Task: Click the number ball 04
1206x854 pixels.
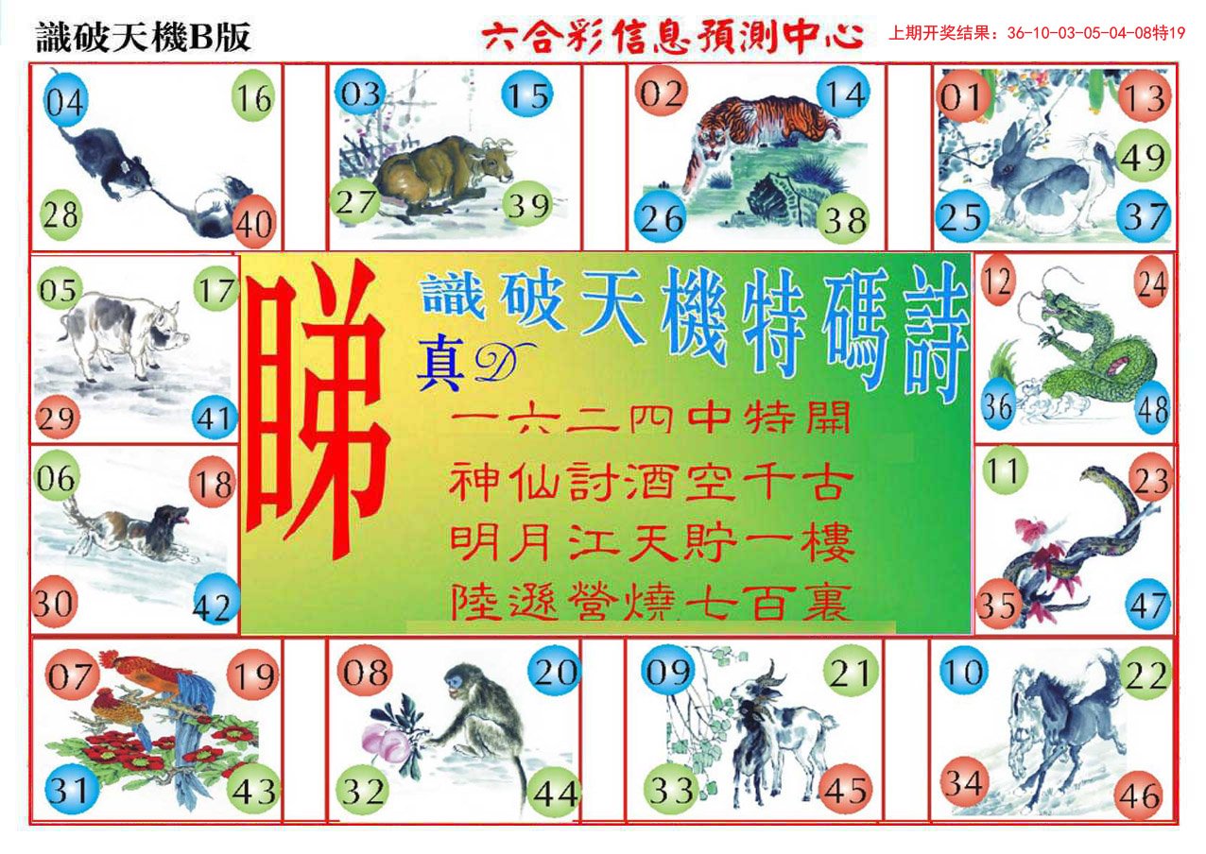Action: pos(65,100)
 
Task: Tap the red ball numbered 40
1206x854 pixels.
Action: pos(254,224)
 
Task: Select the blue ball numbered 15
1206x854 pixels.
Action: pos(527,94)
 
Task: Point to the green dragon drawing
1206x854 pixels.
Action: pos(1077,350)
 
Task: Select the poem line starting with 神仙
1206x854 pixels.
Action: pos(652,486)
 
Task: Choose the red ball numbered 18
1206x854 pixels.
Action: pos(215,486)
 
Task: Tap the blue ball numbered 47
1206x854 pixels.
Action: pos(1147,605)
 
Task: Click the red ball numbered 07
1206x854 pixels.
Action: pos(72,675)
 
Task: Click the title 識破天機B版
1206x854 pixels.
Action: pos(143,38)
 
